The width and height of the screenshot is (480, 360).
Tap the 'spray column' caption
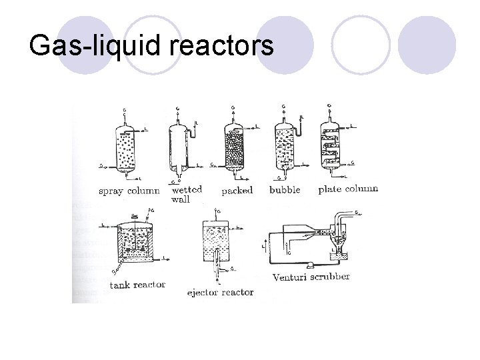129,191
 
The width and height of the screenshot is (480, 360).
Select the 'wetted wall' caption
187,194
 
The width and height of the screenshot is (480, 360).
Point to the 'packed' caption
237,191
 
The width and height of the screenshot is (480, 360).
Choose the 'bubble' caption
284,190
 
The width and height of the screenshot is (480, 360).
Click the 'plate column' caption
348,189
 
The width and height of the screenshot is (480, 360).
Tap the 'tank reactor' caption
137,285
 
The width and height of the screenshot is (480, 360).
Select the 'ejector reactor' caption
220,292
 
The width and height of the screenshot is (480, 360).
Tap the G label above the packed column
232,109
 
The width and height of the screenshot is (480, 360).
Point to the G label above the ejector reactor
217,212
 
